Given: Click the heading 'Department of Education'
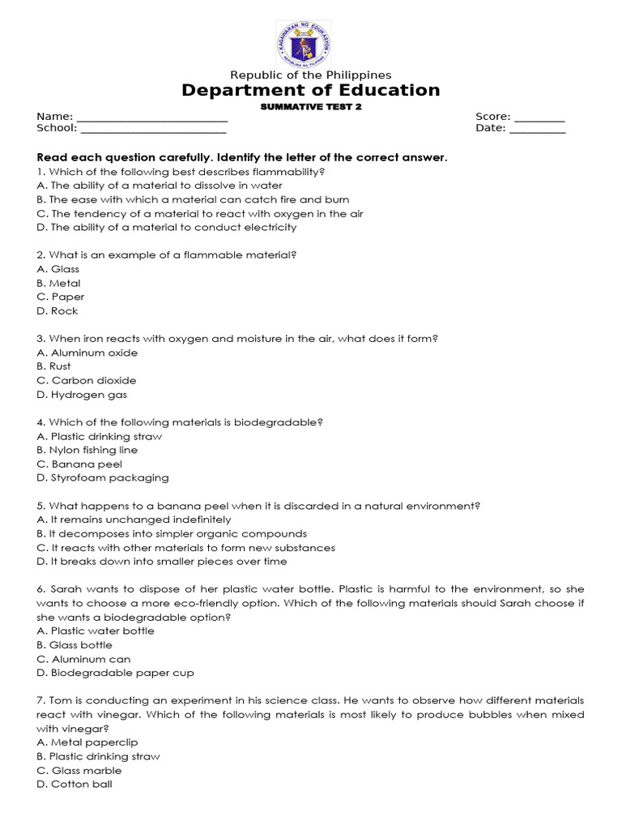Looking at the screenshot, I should coord(311,90).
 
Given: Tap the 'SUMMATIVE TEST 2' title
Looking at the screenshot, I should coord(311,107).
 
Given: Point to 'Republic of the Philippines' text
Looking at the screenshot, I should coord(311,75).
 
